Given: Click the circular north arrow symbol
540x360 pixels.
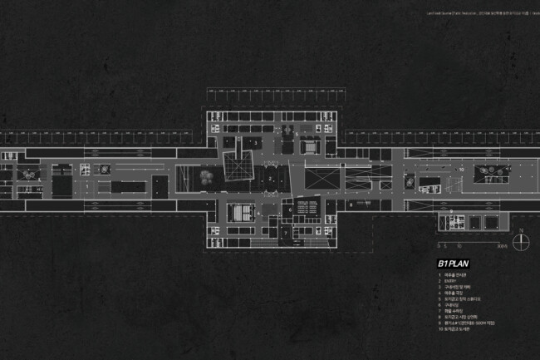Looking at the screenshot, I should [520, 241].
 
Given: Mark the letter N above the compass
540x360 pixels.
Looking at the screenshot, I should [520, 230].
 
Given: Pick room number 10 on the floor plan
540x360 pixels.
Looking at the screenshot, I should [461, 169].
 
